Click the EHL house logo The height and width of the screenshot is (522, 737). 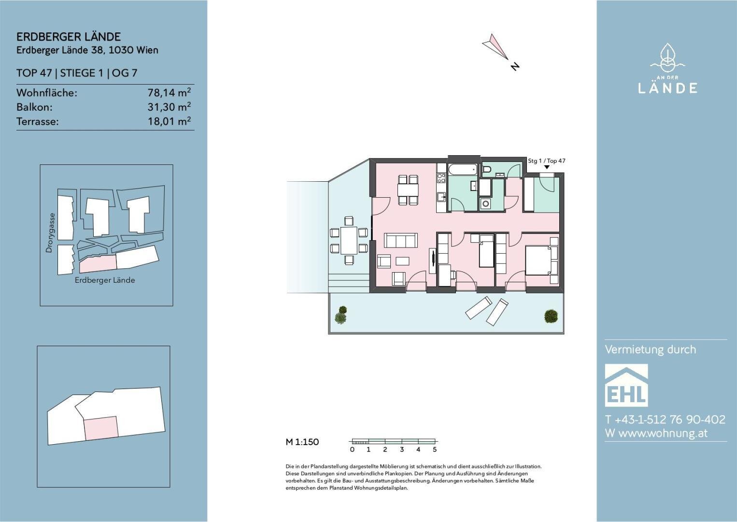[626, 385]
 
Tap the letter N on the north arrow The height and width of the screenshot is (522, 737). [515, 66]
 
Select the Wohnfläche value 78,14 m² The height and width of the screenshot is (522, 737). [169, 92]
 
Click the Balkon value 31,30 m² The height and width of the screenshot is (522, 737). [169, 107]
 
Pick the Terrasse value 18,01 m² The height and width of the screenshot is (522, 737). [169, 121]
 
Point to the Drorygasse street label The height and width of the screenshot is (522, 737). [49, 233]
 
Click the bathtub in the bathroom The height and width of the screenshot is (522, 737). [463, 170]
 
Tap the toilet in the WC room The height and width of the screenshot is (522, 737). [487, 170]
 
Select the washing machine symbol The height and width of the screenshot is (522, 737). [485, 204]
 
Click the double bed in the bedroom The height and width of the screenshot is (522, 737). [539, 260]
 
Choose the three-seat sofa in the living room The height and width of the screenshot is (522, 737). [401, 240]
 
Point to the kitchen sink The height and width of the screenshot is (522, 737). [441, 197]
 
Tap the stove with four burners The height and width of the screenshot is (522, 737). [441, 178]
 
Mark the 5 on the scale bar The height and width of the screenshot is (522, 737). [435, 449]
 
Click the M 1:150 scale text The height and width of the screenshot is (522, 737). [302, 442]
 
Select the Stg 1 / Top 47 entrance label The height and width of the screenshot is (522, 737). [547, 161]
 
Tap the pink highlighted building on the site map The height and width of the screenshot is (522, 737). [98, 264]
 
